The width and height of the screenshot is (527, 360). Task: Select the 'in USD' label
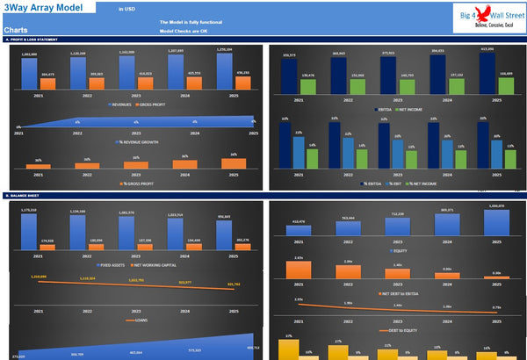pyautogui.click(x=127, y=8)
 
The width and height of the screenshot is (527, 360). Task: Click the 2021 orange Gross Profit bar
pyautogui.click(x=48, y=83)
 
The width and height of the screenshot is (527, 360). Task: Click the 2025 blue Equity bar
pyautogui.click(x=496, y=224)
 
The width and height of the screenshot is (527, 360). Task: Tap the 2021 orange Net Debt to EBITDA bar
pyautogui.click(x=299, y=270)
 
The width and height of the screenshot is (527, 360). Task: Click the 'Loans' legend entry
pyautogui.click(x=134, y=322)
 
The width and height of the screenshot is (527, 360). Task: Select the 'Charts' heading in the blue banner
pyautogui.click(x=15, y=30)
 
